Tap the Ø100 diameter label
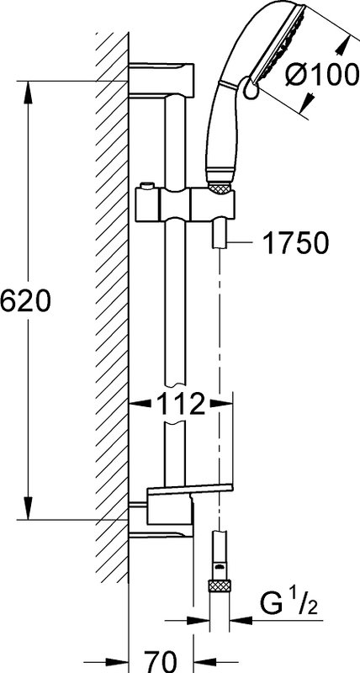[x=322, y=76]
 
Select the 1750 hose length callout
[x=295, y=243]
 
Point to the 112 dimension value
[x=180, y=404]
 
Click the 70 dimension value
[x=160, y=660]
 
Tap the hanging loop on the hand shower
[x=250, y=88]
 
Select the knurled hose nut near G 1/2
[x=220, y=586]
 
